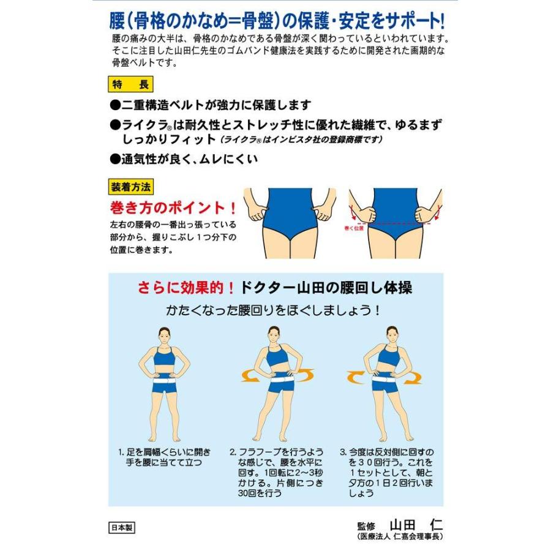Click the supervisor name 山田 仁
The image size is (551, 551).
tap(416, 525)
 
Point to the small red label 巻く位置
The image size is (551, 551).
tap(354, 228)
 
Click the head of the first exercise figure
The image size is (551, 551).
tap(163, 335)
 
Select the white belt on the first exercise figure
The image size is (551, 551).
tap(163, 382)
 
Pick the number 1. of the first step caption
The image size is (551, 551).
tap(121, 452)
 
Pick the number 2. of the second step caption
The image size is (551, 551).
tap(233, 452)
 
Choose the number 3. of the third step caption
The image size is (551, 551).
tap(344, 452)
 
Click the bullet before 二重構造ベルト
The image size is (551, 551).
tap(115, 105)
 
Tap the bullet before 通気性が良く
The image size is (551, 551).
tap(115, 159)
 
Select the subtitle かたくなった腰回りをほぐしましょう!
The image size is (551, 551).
tap(274, 310)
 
